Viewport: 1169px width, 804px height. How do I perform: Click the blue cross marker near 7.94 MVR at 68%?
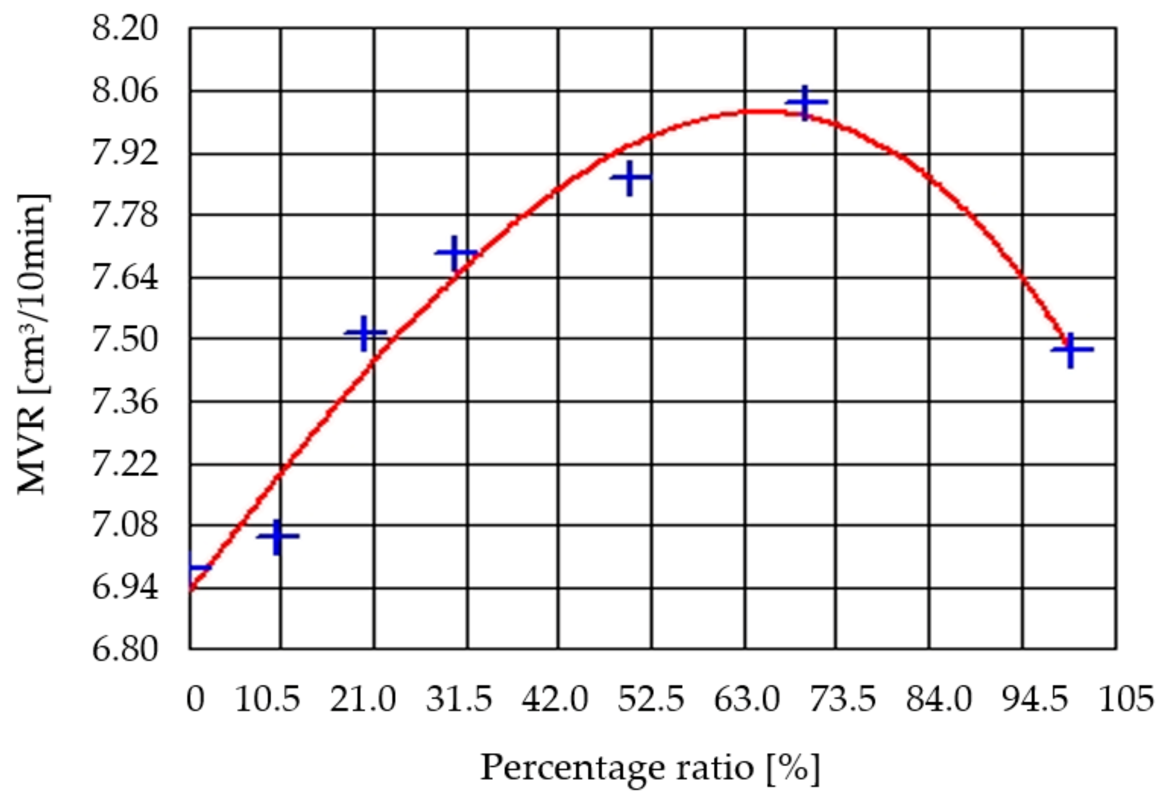[805, 103]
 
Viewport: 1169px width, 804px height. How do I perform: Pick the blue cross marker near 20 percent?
[365, 333]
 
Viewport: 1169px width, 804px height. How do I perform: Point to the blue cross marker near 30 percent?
[455, 253]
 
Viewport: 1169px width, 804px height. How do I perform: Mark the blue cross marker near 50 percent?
[630, 177]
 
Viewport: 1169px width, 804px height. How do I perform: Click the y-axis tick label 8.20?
[124, 29]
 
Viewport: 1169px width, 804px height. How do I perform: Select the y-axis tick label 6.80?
[124, 649]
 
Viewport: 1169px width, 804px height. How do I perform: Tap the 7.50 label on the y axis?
[124, 340]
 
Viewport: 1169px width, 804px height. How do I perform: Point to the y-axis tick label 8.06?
[124, 92]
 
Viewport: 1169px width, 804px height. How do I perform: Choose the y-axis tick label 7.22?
[124, 464]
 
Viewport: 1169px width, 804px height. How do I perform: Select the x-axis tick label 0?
[195, 700]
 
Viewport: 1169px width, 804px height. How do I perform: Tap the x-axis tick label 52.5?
[651, 700]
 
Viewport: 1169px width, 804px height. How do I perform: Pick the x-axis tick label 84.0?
[938, 700]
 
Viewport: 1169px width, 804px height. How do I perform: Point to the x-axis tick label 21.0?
[363, 700]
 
